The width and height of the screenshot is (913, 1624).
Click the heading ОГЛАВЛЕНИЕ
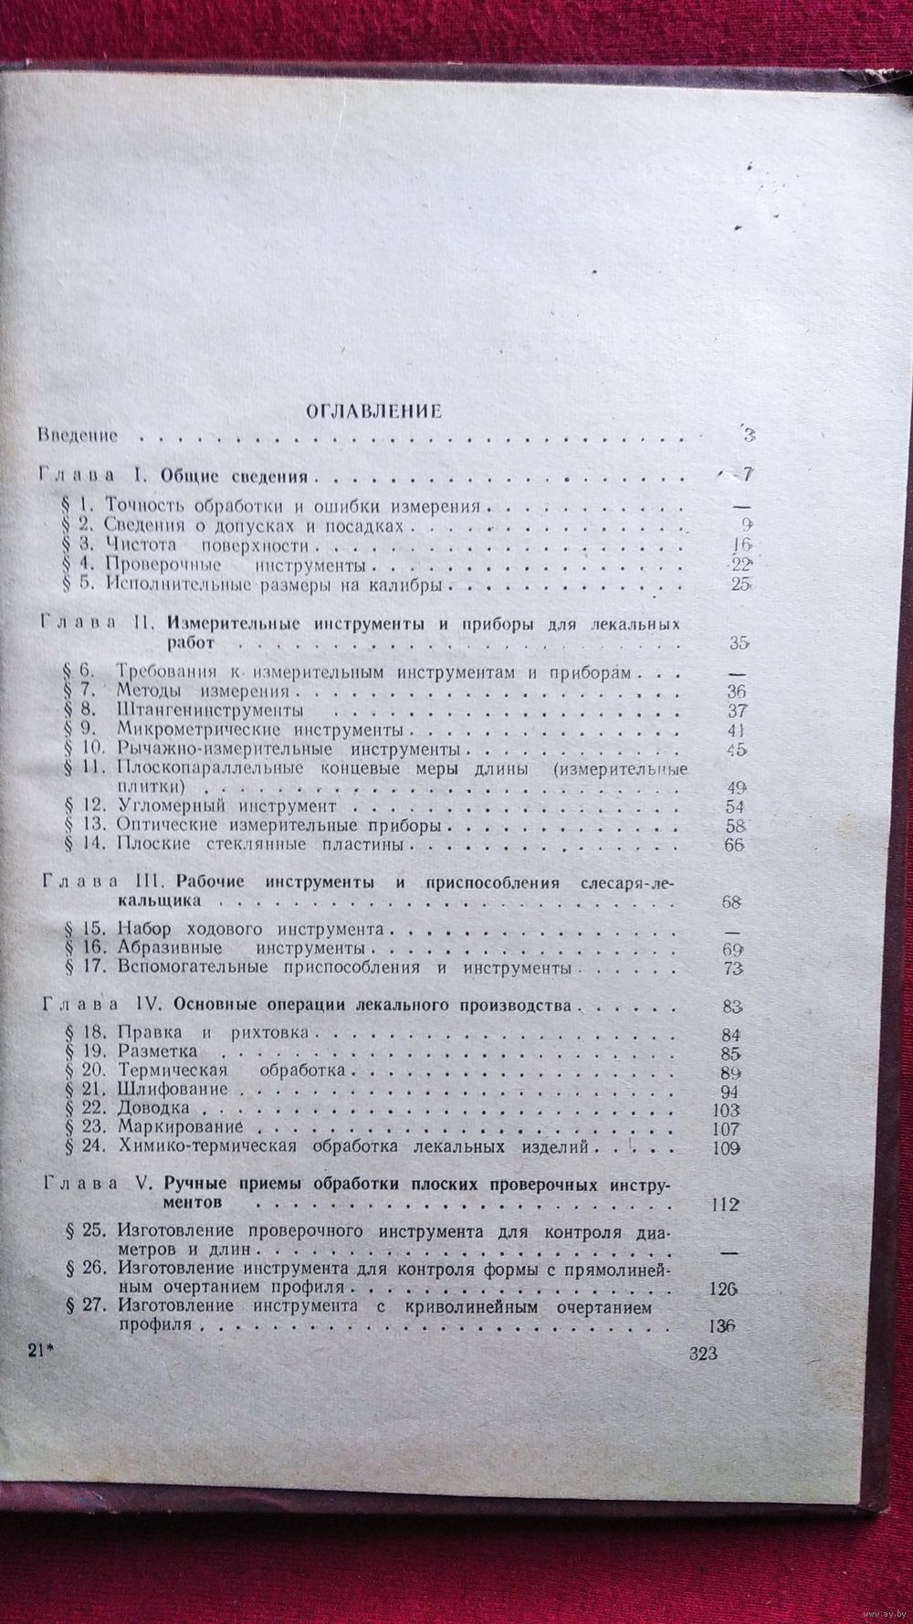click(x=373, y=411)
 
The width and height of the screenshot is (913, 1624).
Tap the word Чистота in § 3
click(x=138, y=546)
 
